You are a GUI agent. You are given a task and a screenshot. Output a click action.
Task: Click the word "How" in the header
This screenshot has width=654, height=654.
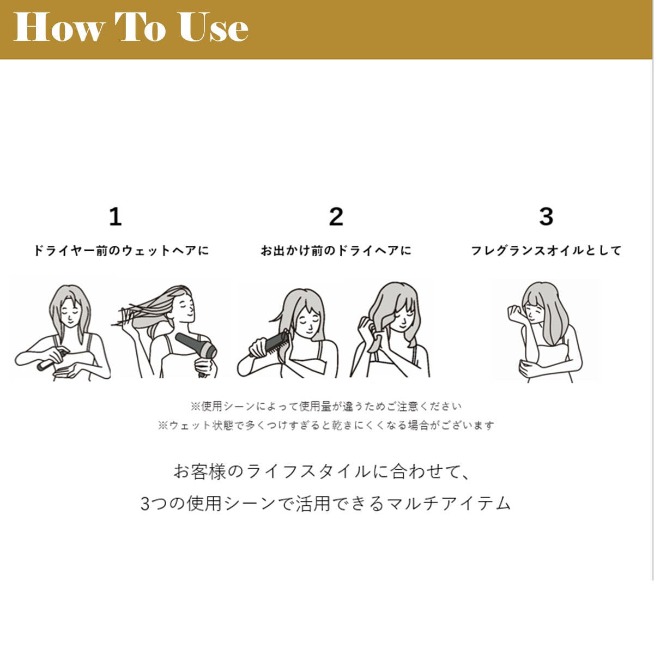coord(58,27)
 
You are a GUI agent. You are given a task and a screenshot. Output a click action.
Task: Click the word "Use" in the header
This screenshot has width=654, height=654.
coord(214,27)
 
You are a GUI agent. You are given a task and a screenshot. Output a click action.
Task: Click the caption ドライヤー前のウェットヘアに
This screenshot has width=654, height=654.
coord(121,251)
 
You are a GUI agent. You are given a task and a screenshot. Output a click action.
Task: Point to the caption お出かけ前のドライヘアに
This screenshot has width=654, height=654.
coord(336,251)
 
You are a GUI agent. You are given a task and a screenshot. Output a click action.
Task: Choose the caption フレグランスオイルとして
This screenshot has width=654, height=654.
coord(546,251)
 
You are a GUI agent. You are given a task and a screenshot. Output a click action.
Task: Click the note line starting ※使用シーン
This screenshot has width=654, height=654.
coord(326,406)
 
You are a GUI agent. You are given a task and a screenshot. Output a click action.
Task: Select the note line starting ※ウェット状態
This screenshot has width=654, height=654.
coord(326,425)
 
